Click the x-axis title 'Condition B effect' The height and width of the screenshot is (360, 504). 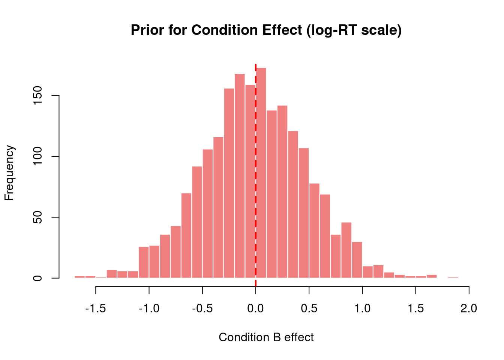click(266, 337)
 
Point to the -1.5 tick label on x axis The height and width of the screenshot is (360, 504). click(96, 309)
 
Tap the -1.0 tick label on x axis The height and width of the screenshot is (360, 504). click(149, 309)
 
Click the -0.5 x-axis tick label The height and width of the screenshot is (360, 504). click(202, 309)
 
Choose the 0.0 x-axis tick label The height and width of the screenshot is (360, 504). click(256, 309)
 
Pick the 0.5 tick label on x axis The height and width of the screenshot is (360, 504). click(309, 309)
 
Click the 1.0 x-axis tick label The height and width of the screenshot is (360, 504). click(362, 309)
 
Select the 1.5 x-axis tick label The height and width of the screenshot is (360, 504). click(415, 309)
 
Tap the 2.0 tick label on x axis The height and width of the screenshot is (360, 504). click(469, 309)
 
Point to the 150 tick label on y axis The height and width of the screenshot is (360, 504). click(37, 96)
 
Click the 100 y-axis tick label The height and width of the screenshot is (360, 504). click(37, 156)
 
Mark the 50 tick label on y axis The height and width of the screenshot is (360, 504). click(37, 217)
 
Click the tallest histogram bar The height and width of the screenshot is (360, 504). click(261, 172)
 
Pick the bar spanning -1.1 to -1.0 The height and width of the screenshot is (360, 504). click(144, 262)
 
